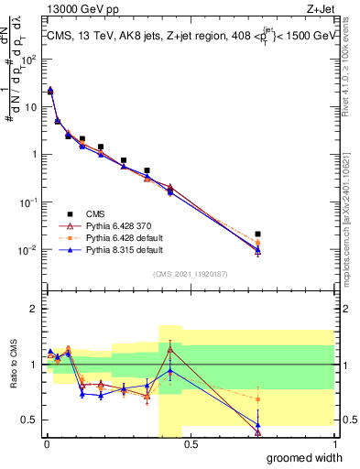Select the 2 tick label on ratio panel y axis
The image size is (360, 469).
(34, 309)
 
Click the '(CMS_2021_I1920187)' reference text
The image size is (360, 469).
(191, 273)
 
